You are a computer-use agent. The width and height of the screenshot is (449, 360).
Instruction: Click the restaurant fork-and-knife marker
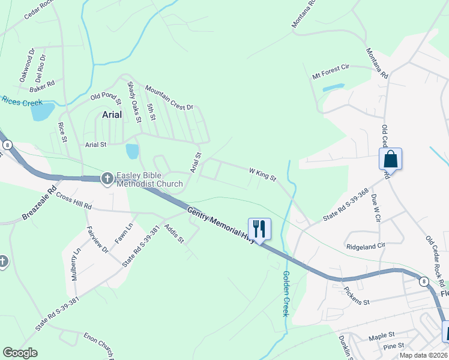tap(259, 229)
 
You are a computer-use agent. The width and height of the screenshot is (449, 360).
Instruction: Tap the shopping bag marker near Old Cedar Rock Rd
tap(390, 160)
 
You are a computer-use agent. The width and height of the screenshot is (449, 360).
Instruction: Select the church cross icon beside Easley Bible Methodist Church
tap(107, 178)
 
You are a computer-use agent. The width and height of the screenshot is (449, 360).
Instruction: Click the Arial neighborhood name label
tap(112, 114)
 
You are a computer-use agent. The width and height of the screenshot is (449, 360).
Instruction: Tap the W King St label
tap(262, 175)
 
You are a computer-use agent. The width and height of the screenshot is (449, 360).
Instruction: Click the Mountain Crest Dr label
tap(169, 98)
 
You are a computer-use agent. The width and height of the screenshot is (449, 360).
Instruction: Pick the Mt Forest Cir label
tap(330, 73)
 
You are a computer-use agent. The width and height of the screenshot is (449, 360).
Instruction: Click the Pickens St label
tap(357, 295)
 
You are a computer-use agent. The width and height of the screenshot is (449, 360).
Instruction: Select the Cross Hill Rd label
tap(73, 201)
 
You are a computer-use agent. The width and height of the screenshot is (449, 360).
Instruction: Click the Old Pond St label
tap(106, 95)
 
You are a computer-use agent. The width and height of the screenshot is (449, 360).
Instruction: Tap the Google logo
tap(20, 352)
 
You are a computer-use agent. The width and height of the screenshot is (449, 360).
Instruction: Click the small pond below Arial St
tap(132, 151)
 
